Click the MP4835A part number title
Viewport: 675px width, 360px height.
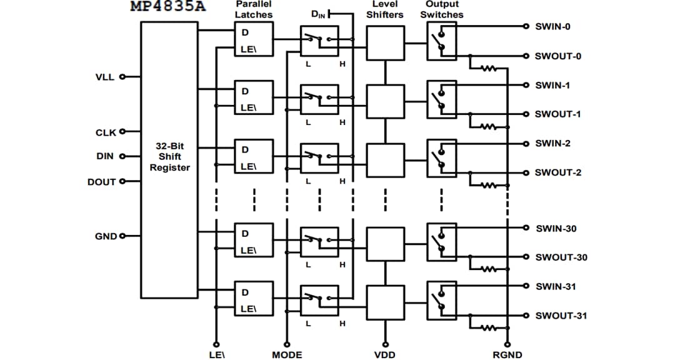(x=167, y=7)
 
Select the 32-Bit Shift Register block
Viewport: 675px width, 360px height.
(x=169, y=159)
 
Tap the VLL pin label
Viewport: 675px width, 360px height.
(x=104, y=77)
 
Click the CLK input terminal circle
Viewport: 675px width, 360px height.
(x=122, y=132)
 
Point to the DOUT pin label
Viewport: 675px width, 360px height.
(x=101, y=182)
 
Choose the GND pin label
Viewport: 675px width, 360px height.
(x=105, y=236)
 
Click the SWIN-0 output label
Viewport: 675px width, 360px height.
(x=552, y=27)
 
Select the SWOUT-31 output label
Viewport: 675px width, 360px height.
(x=561, y=316)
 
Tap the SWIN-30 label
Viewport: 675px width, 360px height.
(x=556, y=229)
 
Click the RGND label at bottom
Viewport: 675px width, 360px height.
(x=507, y=355)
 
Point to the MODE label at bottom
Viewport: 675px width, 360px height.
(x=287, y=355)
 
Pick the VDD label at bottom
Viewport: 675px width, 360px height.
(x=384, y=355)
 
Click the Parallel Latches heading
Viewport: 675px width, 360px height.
(x=253, y=9)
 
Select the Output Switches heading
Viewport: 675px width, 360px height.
(x=442, y=9)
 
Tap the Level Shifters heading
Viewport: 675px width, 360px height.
(x=384, y=9)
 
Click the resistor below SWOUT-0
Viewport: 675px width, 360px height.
(x=487, y=69)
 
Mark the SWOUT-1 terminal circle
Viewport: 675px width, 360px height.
(x=526, y=114)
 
